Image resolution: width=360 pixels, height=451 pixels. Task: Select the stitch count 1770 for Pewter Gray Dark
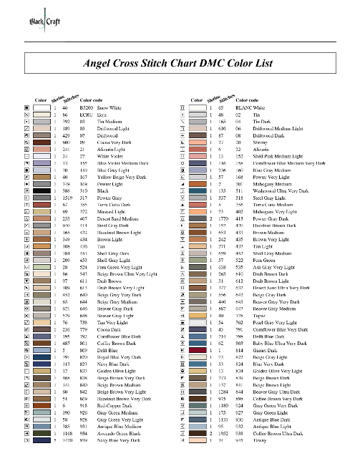click(218, 208)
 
